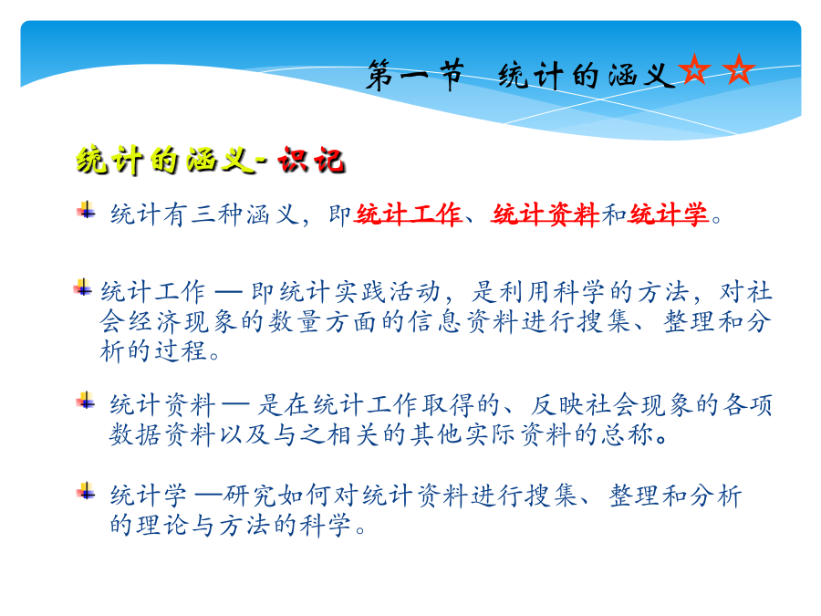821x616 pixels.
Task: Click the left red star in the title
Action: [x=694, y=69]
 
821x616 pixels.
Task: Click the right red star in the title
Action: [x=738, y=69]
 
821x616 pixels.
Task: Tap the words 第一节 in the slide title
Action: [x=415, y=75]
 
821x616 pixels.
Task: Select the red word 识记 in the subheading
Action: [x=311, y=160]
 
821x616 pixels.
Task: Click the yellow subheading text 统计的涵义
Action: [x=164, y=160]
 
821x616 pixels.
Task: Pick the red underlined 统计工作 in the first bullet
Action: [x=408, y=214]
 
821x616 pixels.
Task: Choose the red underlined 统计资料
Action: [x=546, y=214]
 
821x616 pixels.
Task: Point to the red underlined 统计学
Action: [x=669, y=214]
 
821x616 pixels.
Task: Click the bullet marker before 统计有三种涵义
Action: [x=87, y=211]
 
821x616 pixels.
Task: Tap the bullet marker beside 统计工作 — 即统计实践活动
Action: [x=83, y=287]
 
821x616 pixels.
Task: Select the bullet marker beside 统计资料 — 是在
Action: [x=86, y=401]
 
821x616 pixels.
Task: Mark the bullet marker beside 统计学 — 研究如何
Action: [x=86, y=491]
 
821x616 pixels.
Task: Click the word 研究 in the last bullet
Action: [x=250, y=495]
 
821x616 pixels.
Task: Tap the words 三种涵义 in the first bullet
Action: [x=244, y=214]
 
